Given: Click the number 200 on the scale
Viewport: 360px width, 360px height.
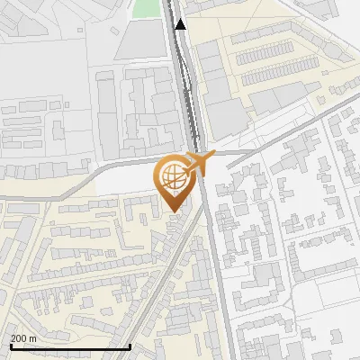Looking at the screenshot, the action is pyautogui.click(x=18, y=337).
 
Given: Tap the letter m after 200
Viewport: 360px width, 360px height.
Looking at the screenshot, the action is pyautogui.click(x=32, y=337).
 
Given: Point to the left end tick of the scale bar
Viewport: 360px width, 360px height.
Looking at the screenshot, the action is pyautogui.click(x=9, y=345).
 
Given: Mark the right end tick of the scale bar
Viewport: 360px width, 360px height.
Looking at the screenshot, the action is pyautogui.click(x=130, y=345).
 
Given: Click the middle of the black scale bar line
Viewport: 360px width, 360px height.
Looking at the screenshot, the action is pyautogui.click(x=70, y=346).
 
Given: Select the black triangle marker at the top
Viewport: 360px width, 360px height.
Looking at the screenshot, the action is pyautogui.click(x=181, y=24).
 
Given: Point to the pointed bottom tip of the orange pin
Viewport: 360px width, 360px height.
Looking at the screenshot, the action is pyautogui.click(x=173, y=211).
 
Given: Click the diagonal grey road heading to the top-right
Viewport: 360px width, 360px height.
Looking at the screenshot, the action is pyautogui.click(x=288, y=126).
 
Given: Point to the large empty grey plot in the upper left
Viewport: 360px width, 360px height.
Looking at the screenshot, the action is pyautogui.click(x=45, y=54).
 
